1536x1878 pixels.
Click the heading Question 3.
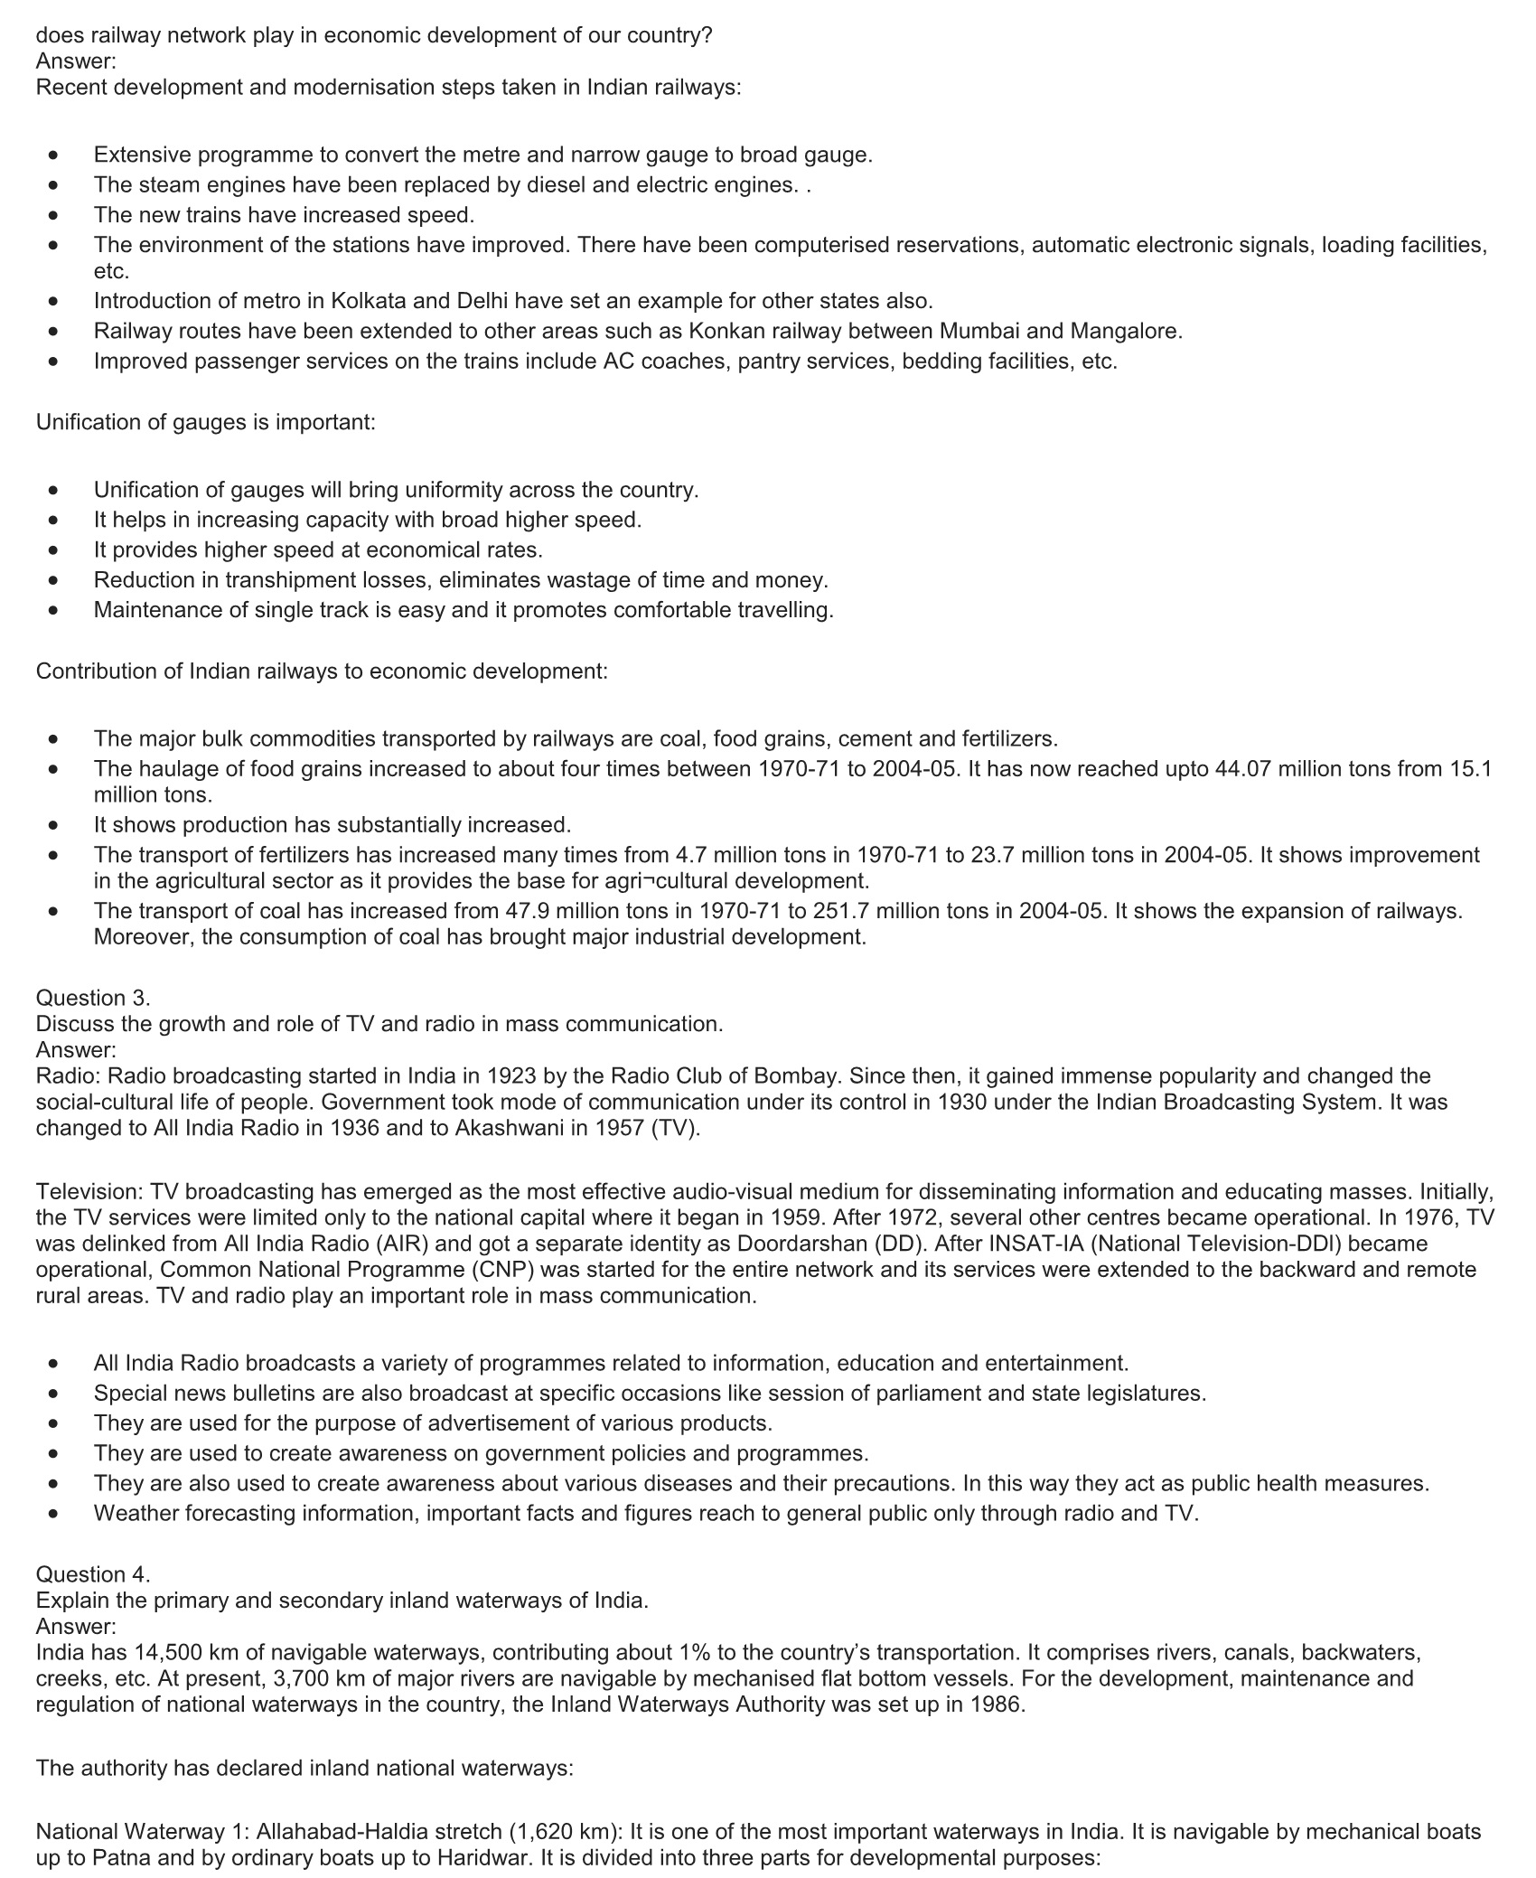click(x=93, y=998)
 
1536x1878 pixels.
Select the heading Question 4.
click(x=93, y=1573)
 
